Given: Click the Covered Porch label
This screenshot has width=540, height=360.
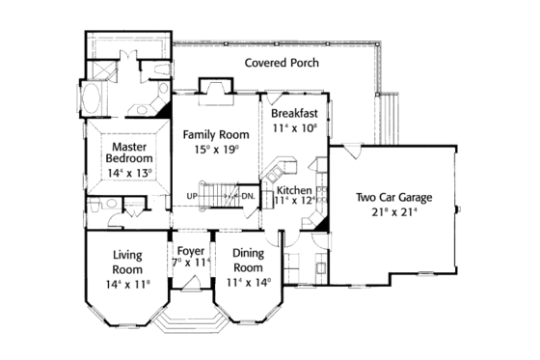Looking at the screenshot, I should click(x=281, y=63).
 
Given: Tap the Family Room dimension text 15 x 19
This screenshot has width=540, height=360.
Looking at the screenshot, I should click(x=216, y=151).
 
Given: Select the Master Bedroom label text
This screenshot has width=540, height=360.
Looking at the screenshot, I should click(x=128, y=152).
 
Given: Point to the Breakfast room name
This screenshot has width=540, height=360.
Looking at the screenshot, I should click(x=293, y=113).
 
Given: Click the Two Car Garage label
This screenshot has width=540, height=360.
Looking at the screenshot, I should click(x=393, y=198).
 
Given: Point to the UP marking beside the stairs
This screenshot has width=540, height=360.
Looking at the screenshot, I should click(x=193, y=196).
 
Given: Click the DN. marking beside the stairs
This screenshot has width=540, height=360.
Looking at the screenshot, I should click(x=247, y=196).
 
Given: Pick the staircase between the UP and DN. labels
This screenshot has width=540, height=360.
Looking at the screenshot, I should click(x=220, y=193).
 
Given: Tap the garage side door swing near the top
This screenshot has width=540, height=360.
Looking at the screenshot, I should click(x=354, y=152).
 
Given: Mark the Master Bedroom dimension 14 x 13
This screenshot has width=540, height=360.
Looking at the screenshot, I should click(x=128, y=174).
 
